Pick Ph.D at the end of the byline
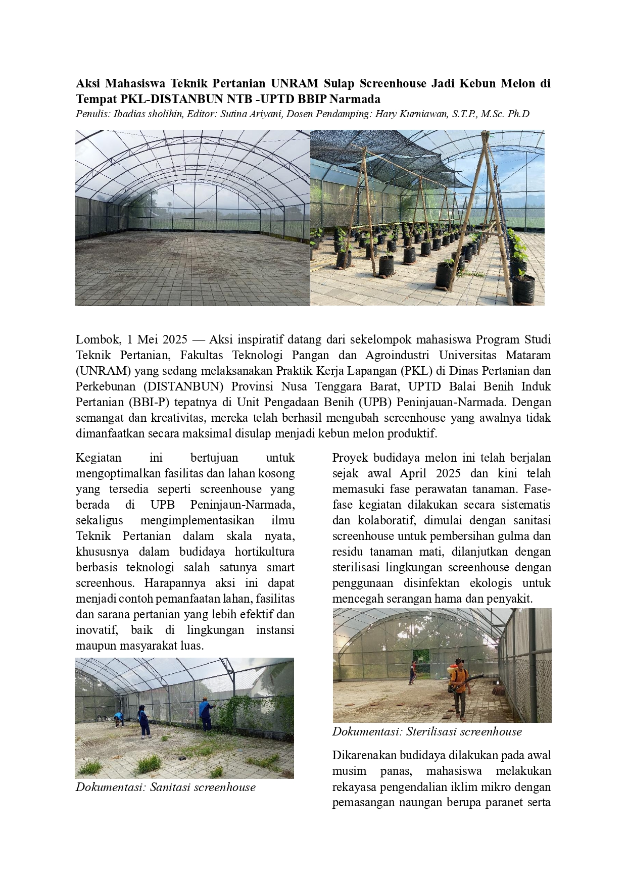(x=518, y=114)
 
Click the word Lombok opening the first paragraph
(x=95, y=339)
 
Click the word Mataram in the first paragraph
(x=527, y=355)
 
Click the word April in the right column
(x=415, y=473)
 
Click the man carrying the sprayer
(x=459, y=688)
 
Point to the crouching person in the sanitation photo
(x=119, y=718)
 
